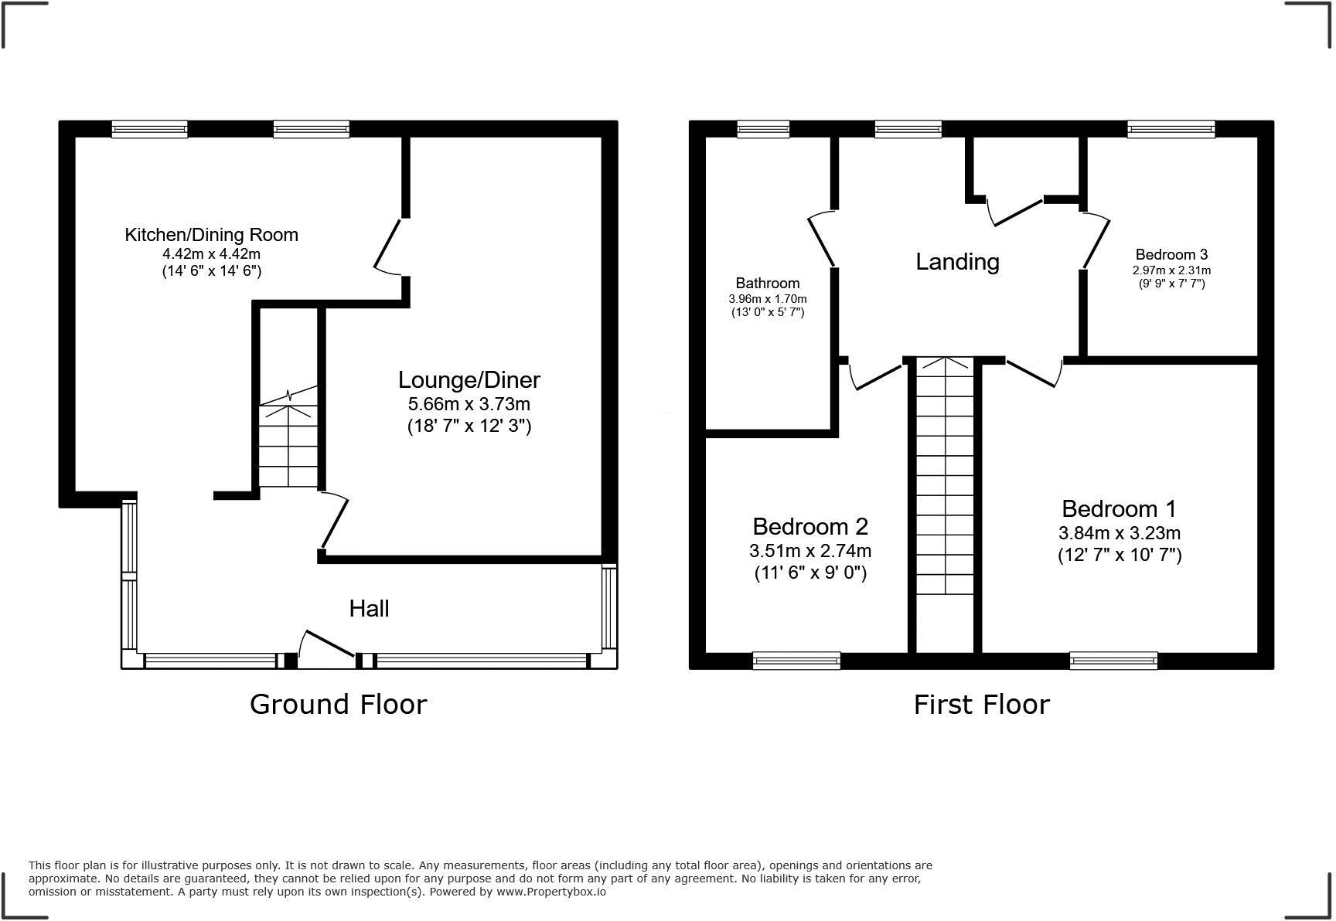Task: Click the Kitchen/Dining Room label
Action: [x=211, y=235]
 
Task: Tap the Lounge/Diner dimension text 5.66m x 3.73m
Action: [x=469, y=403]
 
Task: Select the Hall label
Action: [x=369, y=609]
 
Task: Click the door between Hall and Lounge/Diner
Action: [x=334, y=522]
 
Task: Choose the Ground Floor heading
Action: [x=338, y=705]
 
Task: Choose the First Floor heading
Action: [x=981, y=705]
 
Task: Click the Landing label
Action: [x=957, y=262]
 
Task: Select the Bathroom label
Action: [x=767, y=284]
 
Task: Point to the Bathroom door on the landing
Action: [x=822, y=240]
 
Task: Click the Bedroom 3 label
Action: [x=1171, y=255]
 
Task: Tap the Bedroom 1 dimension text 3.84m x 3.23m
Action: [x=1119, y=533]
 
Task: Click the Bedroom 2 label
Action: [x=809, y=527]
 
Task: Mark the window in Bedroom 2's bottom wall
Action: [x=796, y=660]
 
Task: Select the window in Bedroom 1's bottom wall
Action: [x=1113, y=660]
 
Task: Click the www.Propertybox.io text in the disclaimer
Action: [x=550, y=892]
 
